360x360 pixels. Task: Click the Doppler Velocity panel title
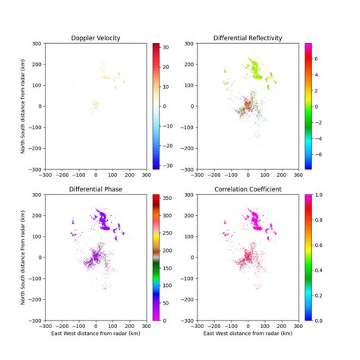(96, 38)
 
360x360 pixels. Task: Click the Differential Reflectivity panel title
(248, 38)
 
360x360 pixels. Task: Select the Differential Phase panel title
(96, 189)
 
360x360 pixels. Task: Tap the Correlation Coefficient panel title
(248, 189)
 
